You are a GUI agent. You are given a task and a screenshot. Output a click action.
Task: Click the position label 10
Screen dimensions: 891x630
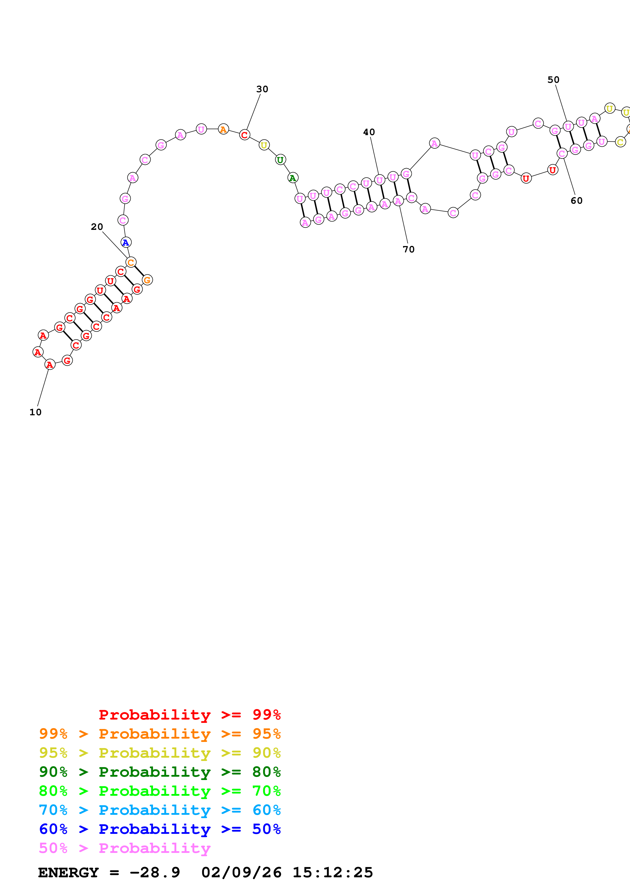click(x=35, y=412)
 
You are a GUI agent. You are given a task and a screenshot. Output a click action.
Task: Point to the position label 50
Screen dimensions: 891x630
click(x=553, y=80)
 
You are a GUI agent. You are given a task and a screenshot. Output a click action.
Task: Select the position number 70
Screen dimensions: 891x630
click(x=408, y=249)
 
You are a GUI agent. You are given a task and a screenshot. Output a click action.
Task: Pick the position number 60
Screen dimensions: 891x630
click(x=576, y=201)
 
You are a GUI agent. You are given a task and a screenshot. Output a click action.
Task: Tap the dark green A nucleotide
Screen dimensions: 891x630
click(x=293, y=178)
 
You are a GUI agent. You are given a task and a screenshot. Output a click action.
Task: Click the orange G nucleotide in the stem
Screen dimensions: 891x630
click(x=147, y=280)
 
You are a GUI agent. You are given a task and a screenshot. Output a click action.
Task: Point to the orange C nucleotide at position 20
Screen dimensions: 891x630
click(x=131, y=262)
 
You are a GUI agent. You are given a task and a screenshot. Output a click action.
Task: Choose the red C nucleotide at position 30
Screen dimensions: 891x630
click(x=244, y=135)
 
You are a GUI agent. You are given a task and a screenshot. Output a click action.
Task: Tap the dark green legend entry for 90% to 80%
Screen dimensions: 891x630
click(x=160, y=772)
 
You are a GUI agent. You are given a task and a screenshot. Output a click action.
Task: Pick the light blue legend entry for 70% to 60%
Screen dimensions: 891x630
click(x=160, y=810)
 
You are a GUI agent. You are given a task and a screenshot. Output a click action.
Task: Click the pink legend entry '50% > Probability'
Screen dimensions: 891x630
click(x=125, y=848)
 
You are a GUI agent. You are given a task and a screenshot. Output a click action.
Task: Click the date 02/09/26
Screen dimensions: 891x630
click(x=241, y=873)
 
